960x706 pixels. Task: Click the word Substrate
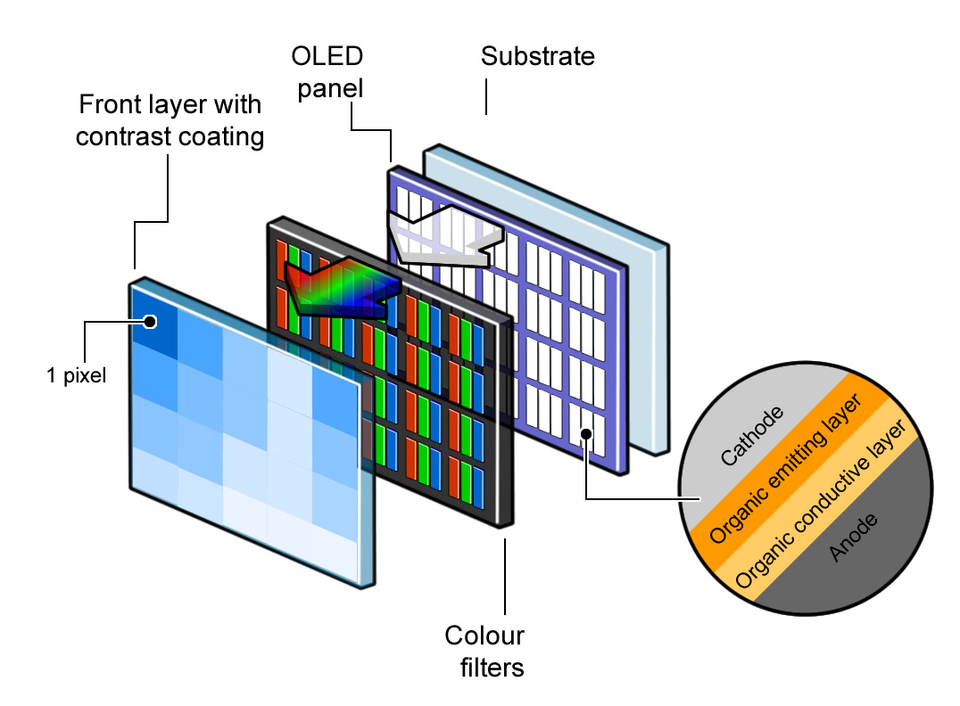pyautogui.click(x=537, y=57)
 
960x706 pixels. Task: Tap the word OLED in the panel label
pyautogui.click(x=327, y=58)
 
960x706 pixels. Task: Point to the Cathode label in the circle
pyautogui.click(x=752, y=436)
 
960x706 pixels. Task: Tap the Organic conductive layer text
pyautogui.click(x=823, y=505)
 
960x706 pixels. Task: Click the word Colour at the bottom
pyautogui.click(x=484, y=636)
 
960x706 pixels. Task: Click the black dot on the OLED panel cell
pyautogui.click(x=586, y=434)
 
